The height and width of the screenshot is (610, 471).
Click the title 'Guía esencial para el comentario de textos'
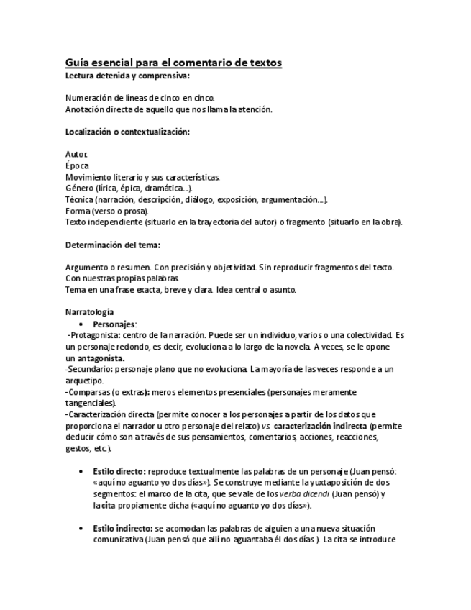[x=173, y=63]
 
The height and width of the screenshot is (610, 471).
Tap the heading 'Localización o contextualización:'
[x=127, y=132]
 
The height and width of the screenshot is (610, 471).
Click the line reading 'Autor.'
[x=77, y=154]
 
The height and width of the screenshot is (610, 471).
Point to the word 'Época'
[x=78, y=165]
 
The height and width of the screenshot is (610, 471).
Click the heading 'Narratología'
[x=89, y=312]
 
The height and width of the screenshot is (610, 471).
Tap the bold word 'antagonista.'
[x=100, y=358]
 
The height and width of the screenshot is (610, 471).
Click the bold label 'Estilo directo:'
[x=120, y=471]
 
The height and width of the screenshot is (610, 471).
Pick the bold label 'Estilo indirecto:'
[x=123, y=528]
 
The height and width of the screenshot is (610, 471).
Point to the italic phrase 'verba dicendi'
[x=308, y=494]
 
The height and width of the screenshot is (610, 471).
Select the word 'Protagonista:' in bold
[x=94, y=335]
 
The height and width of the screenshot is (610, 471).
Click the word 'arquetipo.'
[x=84, y=381]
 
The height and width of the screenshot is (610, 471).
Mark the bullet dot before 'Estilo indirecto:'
[x=81, y=529]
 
